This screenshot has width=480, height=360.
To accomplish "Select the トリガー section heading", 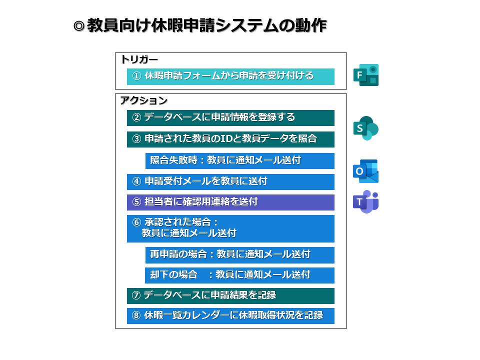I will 139,59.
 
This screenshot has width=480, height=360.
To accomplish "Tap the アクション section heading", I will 143,100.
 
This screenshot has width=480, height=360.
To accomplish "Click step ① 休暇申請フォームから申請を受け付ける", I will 230,76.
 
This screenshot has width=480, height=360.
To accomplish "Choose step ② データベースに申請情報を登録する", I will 230,118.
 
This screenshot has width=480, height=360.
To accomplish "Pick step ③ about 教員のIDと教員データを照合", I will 230,139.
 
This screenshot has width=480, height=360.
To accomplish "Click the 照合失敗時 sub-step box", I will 239,160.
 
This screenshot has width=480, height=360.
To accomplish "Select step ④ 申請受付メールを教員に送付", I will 230,181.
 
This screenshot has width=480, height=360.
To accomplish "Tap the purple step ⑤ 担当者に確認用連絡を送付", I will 230,202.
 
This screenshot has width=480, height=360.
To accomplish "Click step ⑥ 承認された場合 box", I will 230,228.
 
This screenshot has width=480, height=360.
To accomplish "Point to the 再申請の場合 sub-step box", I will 239,254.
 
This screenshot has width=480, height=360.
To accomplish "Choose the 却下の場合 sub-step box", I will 239,275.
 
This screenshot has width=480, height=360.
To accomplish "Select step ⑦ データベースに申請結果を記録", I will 230,295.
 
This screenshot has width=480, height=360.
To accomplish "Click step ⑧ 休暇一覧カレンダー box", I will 230,315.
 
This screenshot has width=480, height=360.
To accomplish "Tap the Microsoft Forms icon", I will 366,75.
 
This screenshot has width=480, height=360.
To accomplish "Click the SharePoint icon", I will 366,128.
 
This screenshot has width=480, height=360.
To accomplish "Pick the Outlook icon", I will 366,171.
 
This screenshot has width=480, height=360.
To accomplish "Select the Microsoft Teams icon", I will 366,201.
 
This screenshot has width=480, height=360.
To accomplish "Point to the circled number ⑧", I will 136,315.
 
